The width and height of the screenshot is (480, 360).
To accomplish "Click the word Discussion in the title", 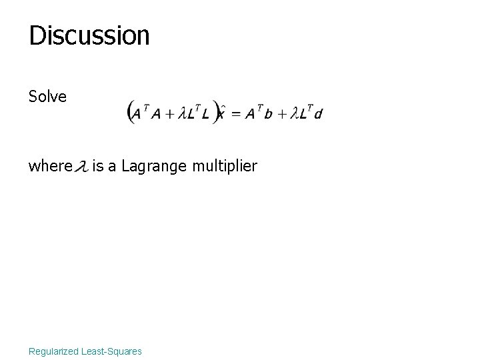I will [x=89, y=35].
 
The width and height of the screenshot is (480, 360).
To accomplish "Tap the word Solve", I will [x=47, y=97].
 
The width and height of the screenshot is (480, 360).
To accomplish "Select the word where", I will [x=49, y=165].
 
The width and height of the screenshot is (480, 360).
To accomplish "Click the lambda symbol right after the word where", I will [x=81, y=165].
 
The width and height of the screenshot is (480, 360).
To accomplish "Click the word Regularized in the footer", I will [x=53, y=351].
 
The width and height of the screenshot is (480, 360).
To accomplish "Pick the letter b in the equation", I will [x=268, y=113].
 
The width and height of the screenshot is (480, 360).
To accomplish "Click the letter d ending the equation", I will [x=318, y=113].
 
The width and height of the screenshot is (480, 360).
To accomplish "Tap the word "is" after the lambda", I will [x=97, y=165].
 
